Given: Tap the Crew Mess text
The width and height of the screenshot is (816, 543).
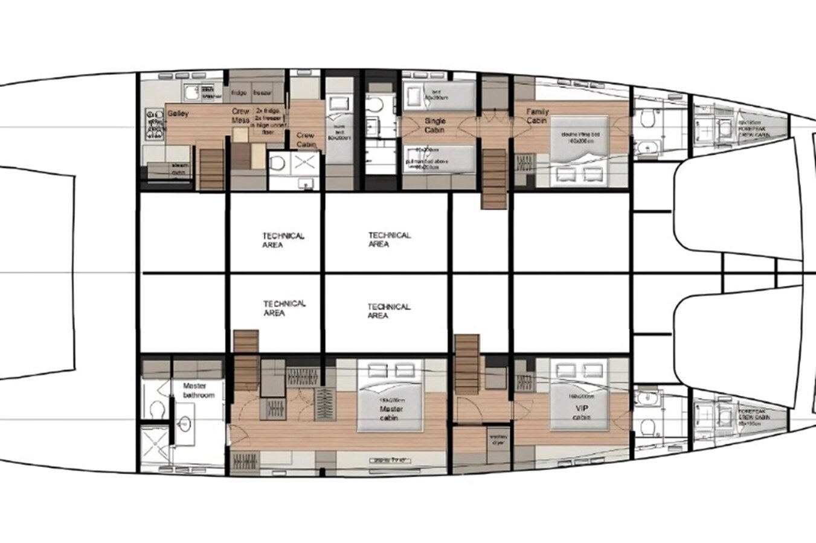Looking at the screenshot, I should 240,116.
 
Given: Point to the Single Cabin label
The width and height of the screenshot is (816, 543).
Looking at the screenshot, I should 435,125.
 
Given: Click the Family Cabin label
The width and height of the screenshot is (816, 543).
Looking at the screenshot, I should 537,116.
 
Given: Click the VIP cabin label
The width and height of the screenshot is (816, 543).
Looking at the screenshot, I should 581,413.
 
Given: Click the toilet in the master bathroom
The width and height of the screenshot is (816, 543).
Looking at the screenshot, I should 155,410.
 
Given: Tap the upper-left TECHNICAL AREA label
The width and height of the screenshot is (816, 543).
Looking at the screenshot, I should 283,240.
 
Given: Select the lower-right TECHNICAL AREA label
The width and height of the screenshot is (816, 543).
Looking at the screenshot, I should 388,311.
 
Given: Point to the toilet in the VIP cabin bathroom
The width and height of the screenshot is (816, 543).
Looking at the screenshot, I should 648,427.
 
